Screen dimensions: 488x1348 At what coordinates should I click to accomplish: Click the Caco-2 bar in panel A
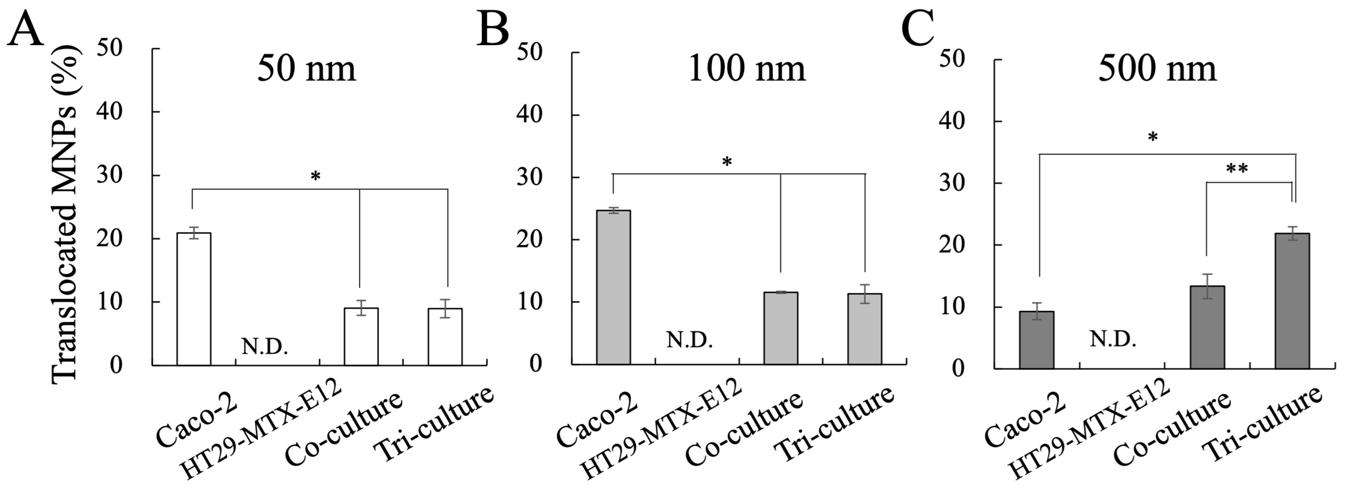pos(194,299)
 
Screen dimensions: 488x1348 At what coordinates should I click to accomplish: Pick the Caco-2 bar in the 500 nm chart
pos(1037,340)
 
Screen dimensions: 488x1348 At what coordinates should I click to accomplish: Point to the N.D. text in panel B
pos(689,341)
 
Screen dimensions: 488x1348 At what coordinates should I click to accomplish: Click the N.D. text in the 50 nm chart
pos(264,346)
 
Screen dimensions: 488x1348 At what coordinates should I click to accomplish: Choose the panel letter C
pos(917,29)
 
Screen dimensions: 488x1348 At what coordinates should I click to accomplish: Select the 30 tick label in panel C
pos(951,183)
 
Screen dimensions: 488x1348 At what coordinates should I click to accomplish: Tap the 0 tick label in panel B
pos(535,363)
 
